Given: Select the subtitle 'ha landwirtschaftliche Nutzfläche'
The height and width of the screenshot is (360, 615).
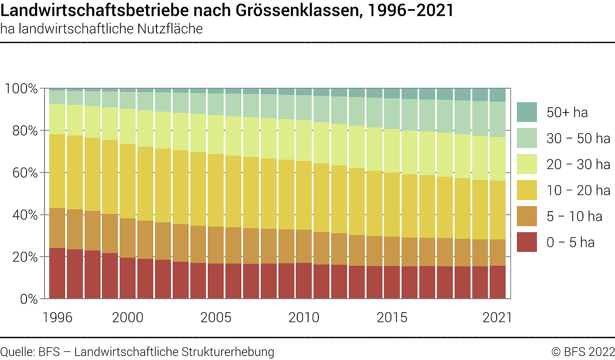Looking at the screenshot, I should [101, 29].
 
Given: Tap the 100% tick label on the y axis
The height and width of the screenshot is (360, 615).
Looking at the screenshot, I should [21, 89].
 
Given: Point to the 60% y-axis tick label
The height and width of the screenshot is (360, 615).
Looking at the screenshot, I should [25, 173].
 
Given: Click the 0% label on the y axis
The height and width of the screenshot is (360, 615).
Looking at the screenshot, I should [29, 299].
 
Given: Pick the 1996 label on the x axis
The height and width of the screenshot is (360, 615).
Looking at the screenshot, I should [57, 318].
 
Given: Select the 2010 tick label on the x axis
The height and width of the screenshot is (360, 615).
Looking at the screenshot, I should [304, 318].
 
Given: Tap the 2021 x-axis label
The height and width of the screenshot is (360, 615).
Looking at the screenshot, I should [497, 318].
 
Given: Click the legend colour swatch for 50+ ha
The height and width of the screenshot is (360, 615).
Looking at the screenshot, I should [527, 112].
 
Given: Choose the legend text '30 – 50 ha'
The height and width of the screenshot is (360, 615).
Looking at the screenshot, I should [578, 138].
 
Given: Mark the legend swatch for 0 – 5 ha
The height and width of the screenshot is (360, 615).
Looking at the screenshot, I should [527, 242].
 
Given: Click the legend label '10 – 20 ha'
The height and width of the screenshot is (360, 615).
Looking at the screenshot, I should [578, 190].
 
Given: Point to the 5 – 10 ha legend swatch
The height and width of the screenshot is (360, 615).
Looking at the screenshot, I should [527, 216].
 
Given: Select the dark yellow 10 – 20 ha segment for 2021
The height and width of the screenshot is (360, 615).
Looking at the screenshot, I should [497, 210].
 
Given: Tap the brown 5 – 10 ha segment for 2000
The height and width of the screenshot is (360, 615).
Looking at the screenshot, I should [128, 238].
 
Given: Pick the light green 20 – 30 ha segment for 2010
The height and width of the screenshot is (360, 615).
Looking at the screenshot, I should [304, 140].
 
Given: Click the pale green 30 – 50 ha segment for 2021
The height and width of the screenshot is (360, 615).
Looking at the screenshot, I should [497, 119].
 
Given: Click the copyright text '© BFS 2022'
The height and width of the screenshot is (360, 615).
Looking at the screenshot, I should [583, 352].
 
